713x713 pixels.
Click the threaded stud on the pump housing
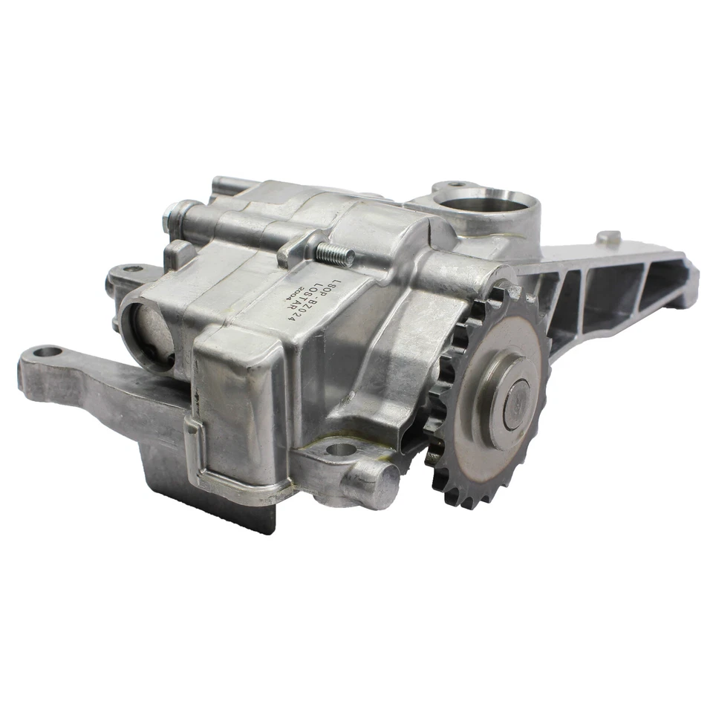334,255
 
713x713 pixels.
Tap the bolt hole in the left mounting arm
47,351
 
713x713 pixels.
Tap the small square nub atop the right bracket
608,238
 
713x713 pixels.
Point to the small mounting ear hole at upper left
131,269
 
